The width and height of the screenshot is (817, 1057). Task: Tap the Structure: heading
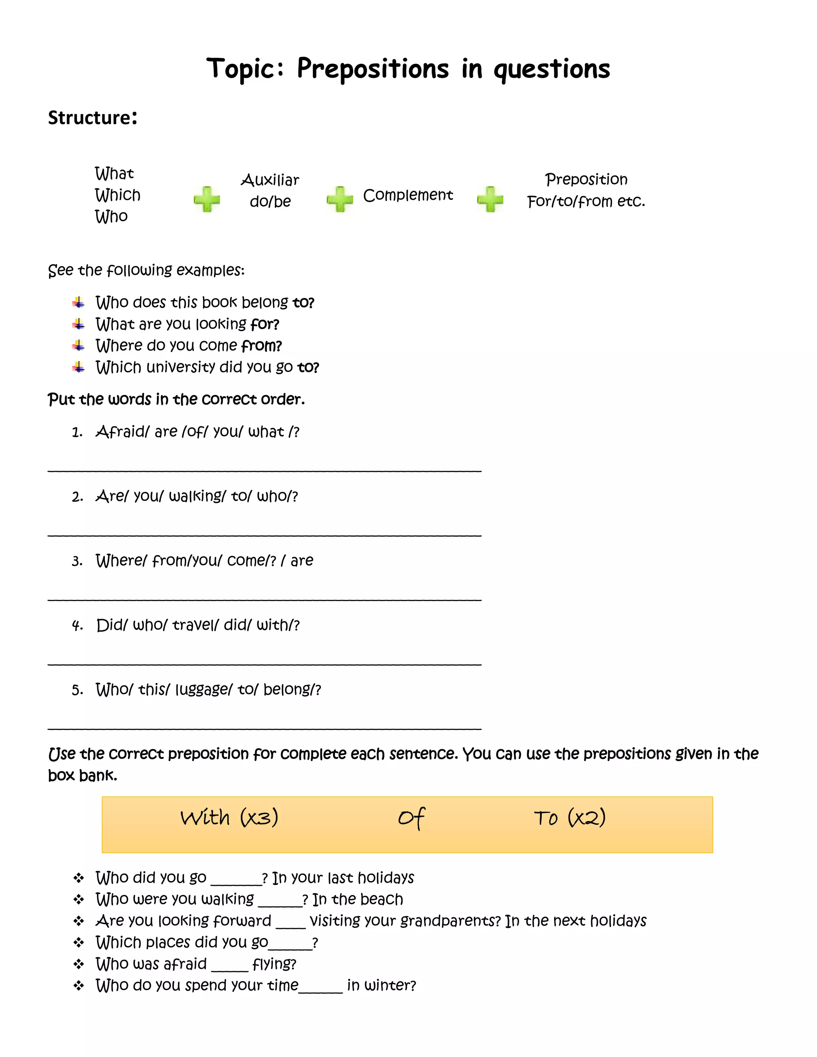tap(93, 118)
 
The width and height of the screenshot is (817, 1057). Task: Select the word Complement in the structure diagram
tap(408, 195)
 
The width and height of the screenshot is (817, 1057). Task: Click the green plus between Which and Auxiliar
tap(207, 199)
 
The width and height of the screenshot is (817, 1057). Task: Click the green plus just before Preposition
tap(490, 199)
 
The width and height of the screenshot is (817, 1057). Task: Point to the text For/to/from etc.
tap(586, 201)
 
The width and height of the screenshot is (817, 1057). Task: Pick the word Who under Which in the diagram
tap(111, 216)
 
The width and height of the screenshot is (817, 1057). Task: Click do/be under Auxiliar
tap(270, 201)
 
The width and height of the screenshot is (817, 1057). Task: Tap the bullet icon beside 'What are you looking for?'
tap(79, 324)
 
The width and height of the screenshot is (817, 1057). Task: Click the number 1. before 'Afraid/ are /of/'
tap(77, 432)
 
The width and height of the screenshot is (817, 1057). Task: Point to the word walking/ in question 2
tap(197, 497)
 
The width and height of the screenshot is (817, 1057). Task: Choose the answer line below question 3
tap(264, 599)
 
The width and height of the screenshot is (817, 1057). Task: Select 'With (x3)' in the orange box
tap(229, 818)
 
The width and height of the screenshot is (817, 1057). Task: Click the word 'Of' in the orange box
tap(411, 818)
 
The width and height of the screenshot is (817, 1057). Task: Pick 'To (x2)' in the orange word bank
tap(570, 818)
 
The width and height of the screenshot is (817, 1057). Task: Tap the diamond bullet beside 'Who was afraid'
tap(79, 964)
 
